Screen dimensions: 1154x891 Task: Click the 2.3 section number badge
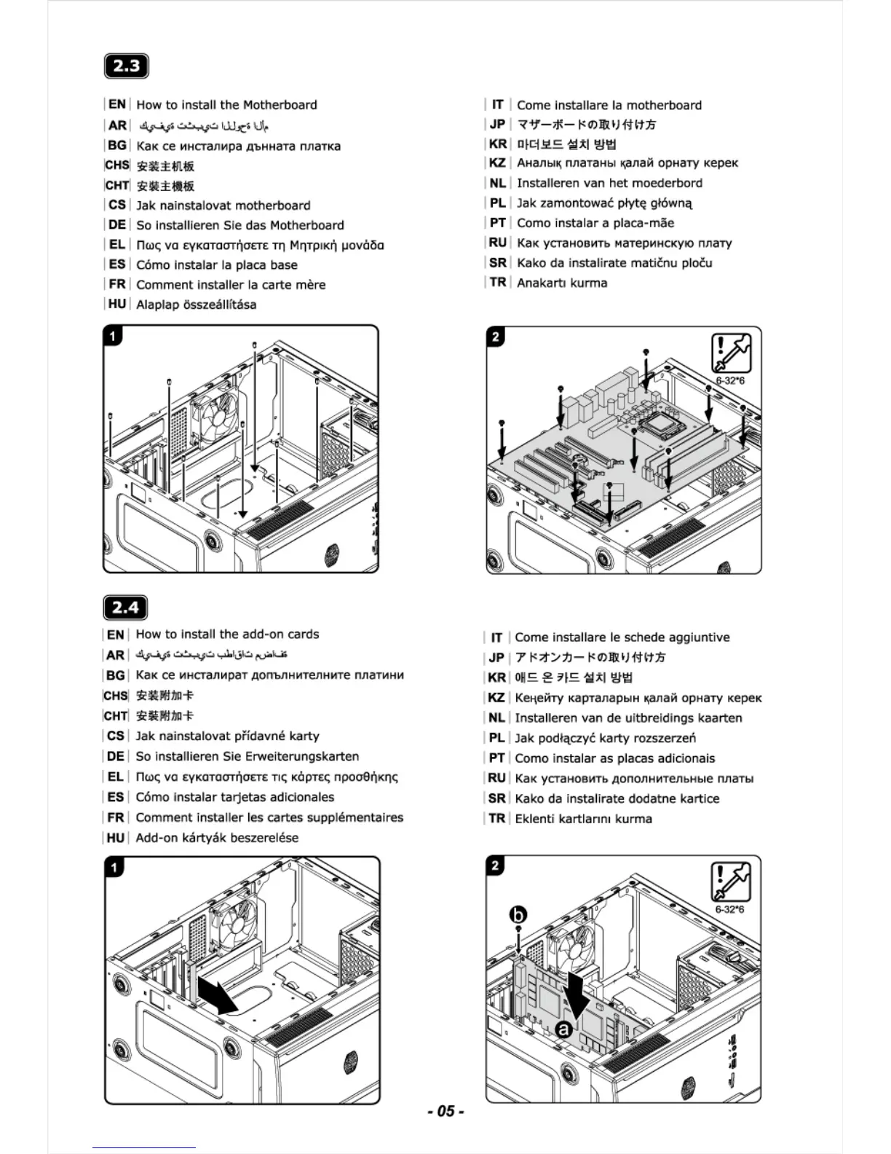point(127,66)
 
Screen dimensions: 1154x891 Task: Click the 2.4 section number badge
point(126,608)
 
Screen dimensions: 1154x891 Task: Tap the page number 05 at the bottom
point(445,1111)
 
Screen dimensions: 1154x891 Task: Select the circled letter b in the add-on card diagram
point(518,915)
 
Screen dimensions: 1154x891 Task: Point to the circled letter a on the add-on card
point(563,1029)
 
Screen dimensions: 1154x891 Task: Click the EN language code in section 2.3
point(117,104)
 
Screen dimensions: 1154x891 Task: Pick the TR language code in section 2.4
point(497,818)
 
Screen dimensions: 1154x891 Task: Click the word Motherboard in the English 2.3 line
point(280,105)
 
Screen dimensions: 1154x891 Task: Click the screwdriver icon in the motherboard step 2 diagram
point(731,353)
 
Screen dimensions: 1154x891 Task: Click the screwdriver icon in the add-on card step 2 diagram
point(731,882)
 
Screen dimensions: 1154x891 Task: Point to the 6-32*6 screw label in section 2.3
point(730,381)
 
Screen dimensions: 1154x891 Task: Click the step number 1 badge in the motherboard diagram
point(114,336)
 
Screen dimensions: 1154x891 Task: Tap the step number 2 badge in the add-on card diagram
point(495,865)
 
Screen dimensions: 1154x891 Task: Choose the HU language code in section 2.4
point(116,838)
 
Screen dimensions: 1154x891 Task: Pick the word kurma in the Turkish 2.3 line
point(589,283)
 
